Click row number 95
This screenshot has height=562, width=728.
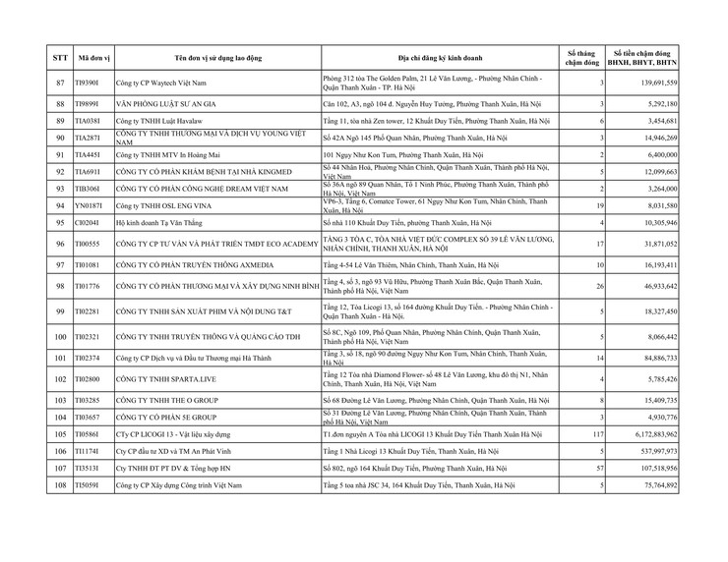click(61, 223)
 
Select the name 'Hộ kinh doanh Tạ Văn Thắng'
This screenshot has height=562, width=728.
click(162, 223)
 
